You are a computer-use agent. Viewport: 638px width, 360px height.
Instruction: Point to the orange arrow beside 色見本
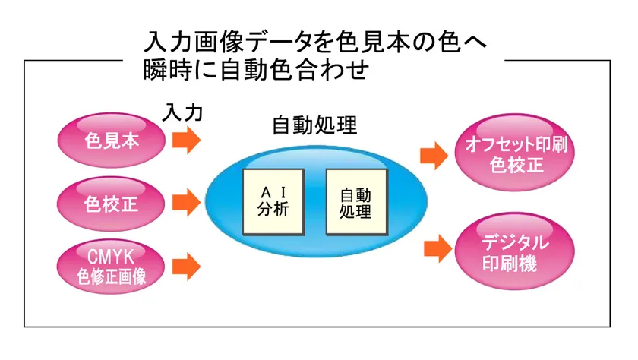pos(186,141)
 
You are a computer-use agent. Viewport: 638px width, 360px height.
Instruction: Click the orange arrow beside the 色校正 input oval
pos(186,203)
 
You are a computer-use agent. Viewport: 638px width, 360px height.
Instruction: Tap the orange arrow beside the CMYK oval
pos(186,265)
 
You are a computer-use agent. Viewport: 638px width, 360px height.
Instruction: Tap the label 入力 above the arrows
pos(183,112)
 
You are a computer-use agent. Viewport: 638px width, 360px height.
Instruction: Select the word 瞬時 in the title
pos(163,72)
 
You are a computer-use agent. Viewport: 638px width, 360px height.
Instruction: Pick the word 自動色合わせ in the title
pos(285,72)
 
